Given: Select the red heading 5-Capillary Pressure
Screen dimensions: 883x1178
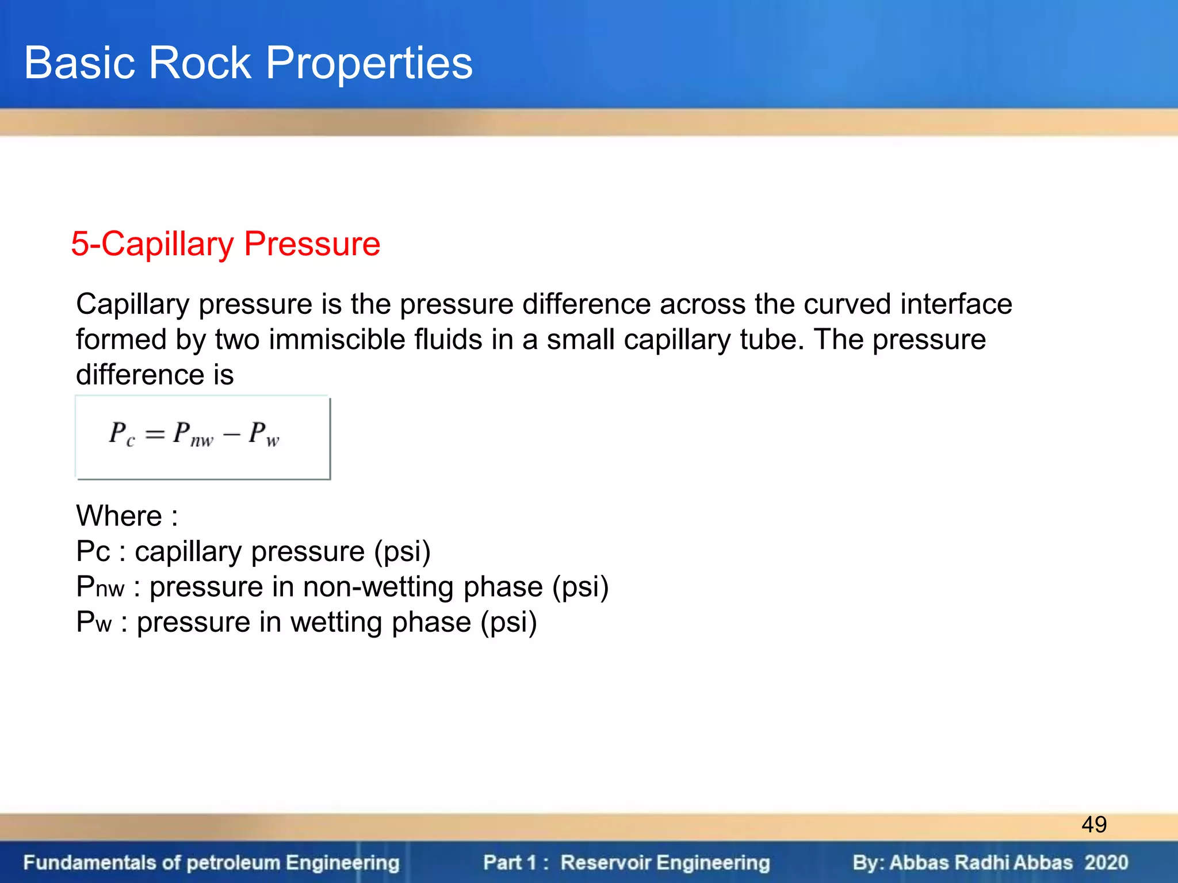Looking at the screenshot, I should [225, 244].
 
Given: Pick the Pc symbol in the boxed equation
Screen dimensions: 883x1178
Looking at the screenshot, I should [121, 433].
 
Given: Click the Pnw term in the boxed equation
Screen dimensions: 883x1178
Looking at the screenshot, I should [193, 433].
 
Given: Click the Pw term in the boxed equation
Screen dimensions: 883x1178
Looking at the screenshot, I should [263, 433].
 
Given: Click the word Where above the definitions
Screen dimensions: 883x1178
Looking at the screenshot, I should [119, 516].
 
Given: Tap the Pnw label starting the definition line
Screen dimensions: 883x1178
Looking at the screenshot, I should [100, 587].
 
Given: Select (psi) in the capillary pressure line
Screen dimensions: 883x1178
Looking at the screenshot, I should [402, 552].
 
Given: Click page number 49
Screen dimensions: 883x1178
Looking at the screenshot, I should [1093, 824].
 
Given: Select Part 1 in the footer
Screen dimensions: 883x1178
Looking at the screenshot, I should [510, 862].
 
